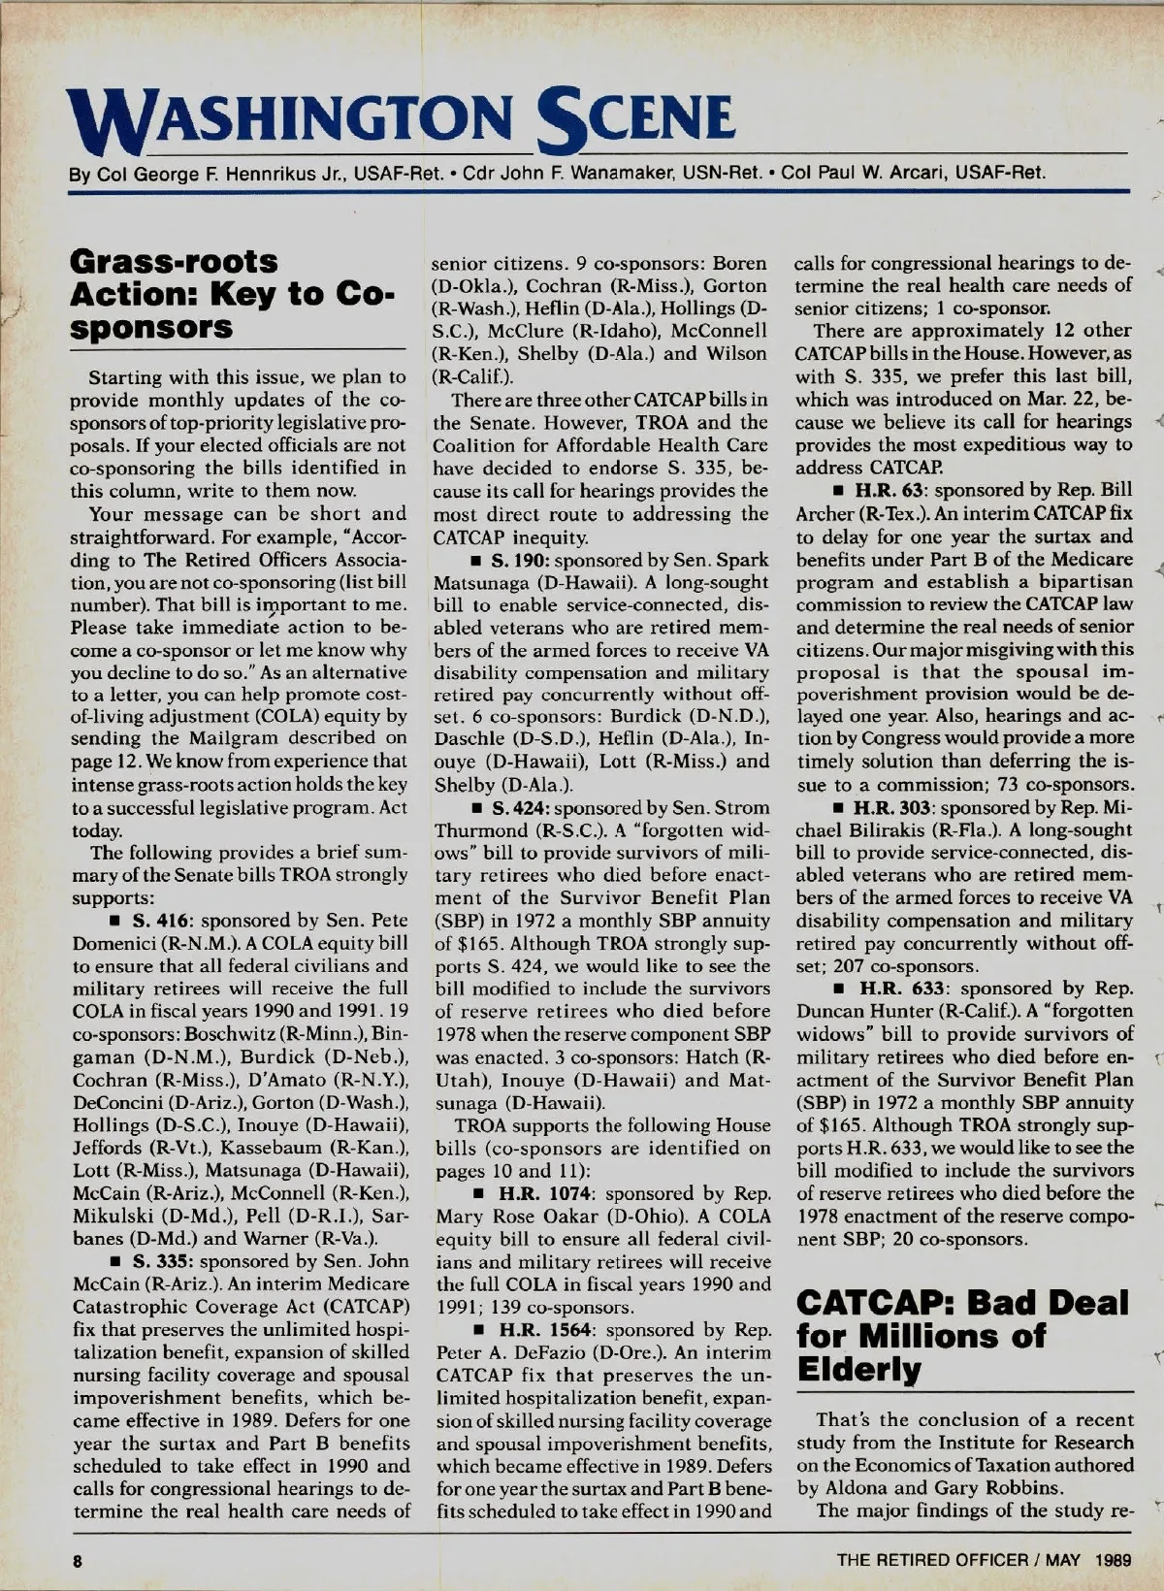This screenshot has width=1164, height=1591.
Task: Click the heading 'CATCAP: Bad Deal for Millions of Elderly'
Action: (962, 1335)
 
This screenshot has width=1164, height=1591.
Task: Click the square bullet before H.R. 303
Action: (837, 808)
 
